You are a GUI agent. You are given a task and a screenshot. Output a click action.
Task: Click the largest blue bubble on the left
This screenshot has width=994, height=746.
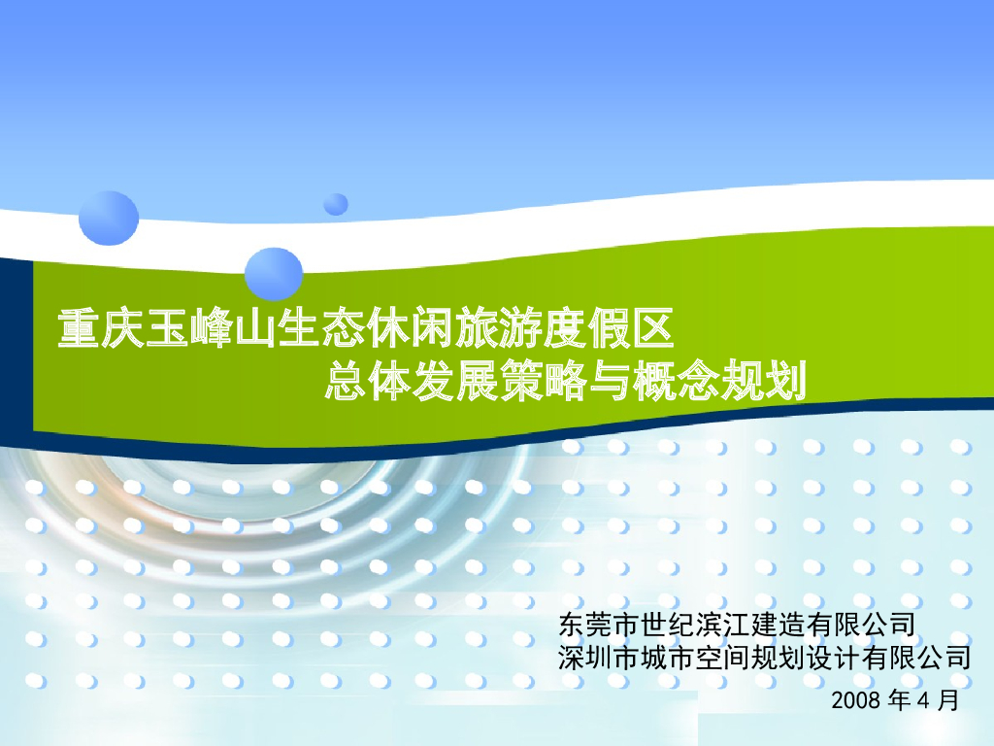109,219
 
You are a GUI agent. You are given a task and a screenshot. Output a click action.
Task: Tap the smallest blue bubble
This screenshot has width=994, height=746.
336,204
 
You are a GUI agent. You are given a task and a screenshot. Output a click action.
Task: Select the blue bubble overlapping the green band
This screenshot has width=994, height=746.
274,273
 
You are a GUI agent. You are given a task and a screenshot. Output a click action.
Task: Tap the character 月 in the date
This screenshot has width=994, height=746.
949,699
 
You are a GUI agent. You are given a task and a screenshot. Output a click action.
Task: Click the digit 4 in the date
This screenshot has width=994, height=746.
922,699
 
